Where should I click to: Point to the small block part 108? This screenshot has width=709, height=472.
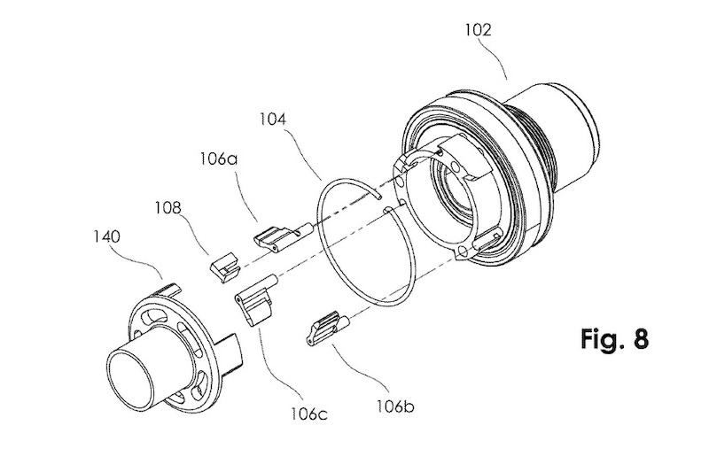click(224, 264)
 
